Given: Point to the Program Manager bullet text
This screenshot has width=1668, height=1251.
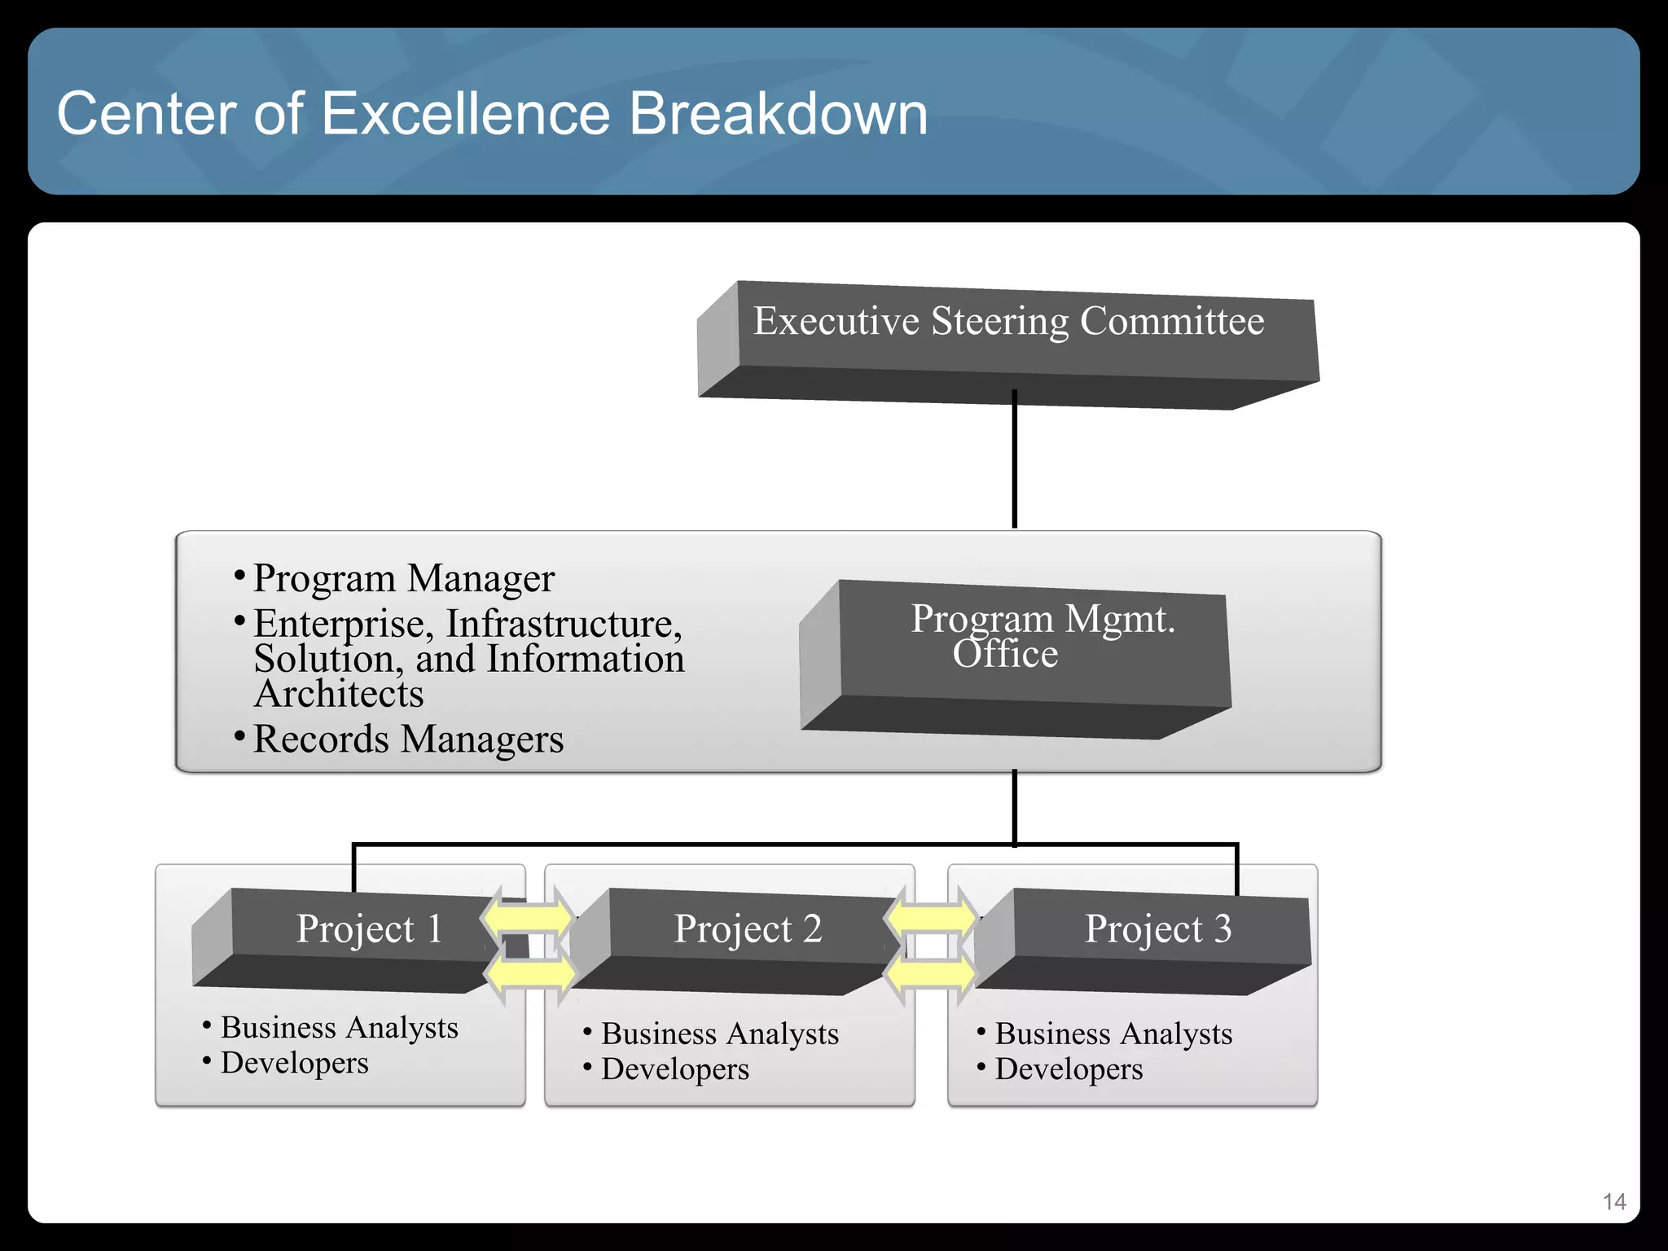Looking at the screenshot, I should [x=403, y=578].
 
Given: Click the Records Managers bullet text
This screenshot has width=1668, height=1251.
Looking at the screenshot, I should [x=408, y=740].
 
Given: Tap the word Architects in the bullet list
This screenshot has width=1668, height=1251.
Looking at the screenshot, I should [x=339, y=695].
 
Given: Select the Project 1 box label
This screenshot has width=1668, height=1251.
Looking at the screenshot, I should [x=369, y=928].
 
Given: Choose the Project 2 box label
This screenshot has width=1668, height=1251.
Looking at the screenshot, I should [x=748, y=928].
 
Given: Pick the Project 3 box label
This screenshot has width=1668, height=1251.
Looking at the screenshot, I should [x=1157, y=928].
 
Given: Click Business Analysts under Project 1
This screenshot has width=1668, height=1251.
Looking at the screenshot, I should [x=339, y=1027].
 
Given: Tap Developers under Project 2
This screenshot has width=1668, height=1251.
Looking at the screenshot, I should [x=674, y=1069].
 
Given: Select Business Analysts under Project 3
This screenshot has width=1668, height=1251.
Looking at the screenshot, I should [x=1113, y=1034].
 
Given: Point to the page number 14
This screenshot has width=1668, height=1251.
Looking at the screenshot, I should [x=1613, y=1202].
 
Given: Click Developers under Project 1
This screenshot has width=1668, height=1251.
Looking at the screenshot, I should [x=294, y=1063].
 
